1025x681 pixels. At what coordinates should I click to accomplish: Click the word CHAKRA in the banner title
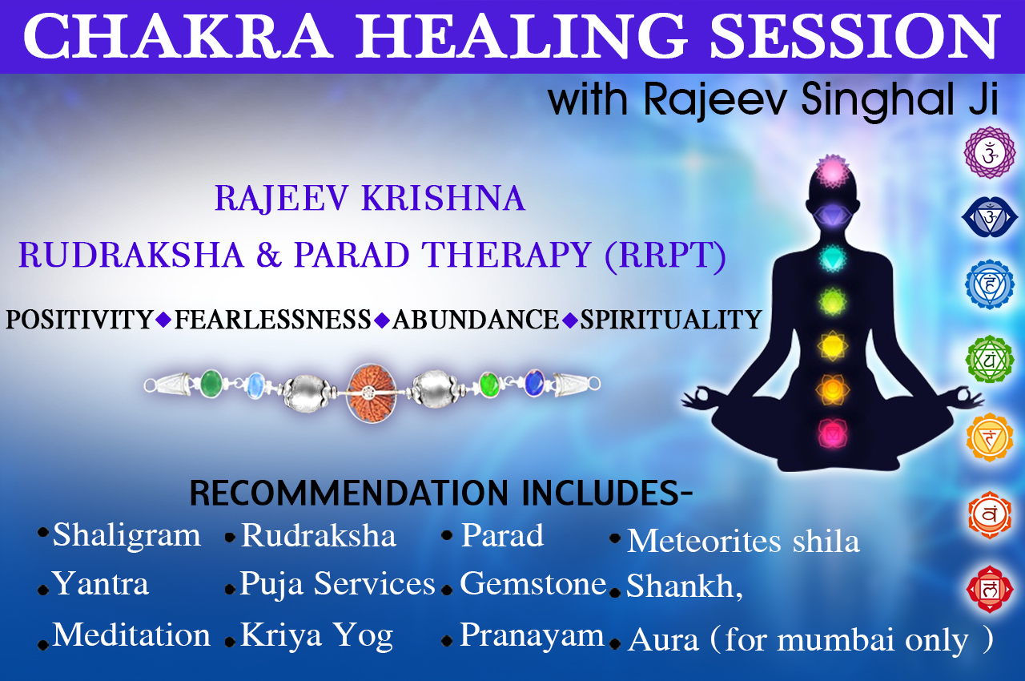178,36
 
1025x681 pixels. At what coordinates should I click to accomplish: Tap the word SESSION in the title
854,36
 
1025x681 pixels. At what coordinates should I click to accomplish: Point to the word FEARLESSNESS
273,320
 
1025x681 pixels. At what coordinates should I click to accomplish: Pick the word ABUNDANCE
476,320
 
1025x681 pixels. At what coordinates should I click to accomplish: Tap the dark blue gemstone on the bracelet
534,383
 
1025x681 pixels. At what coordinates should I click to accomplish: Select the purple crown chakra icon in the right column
989,152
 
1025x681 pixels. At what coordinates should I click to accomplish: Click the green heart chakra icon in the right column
989,359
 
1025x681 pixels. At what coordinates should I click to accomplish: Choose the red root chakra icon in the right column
989,590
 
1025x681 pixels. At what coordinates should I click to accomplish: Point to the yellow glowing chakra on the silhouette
832,345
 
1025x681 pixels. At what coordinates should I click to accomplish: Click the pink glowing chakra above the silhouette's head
832,171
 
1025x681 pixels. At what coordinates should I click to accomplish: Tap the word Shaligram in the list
127,536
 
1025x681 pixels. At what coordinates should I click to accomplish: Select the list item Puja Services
337,584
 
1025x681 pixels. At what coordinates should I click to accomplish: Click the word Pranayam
533,636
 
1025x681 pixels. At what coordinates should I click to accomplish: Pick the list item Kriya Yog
316,636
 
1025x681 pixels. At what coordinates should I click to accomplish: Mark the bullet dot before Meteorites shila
615,538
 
